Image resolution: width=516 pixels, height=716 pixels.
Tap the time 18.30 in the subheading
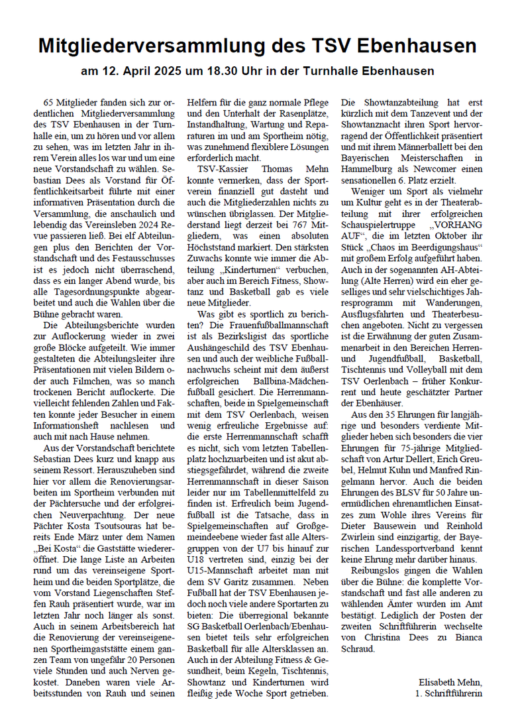tap(234, 71)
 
